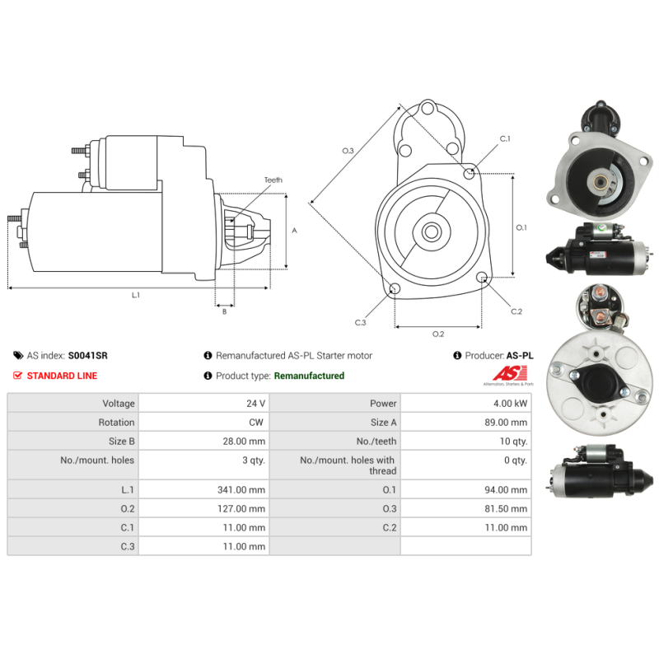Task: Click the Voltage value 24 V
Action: point(256,404)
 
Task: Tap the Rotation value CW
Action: point(257,423)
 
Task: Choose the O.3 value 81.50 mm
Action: point(504,509)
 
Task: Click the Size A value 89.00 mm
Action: point(504,423)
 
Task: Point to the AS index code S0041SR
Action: point(87,356)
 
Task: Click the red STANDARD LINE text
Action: point(62,376)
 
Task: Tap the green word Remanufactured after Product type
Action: point(309,376)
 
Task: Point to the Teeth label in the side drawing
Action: point(273,180)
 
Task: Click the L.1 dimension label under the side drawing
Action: point(136,295)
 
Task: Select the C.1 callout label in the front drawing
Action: point(505,138)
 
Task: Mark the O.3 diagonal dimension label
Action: point(348,151)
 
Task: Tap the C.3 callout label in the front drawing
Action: point(360,323)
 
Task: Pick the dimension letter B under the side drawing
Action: point(224,311)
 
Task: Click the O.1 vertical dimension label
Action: point(521,227)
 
